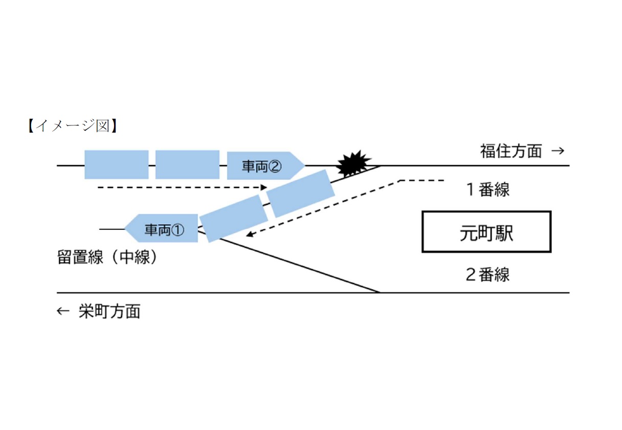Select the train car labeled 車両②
[263, 166]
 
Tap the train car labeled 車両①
[163, 228]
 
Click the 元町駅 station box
[486, 232]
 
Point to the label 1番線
[487, 190]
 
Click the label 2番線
[487, 275]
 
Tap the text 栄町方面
[109, 311]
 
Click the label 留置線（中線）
[108, 256]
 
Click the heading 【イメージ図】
[72, 125]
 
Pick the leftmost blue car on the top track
[116, 164]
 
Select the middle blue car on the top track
[187, 164]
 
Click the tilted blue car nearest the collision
[301, 193]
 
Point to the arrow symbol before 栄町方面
[62, 311]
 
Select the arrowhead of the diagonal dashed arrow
[250, 234]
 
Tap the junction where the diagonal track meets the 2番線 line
[380, 293]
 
